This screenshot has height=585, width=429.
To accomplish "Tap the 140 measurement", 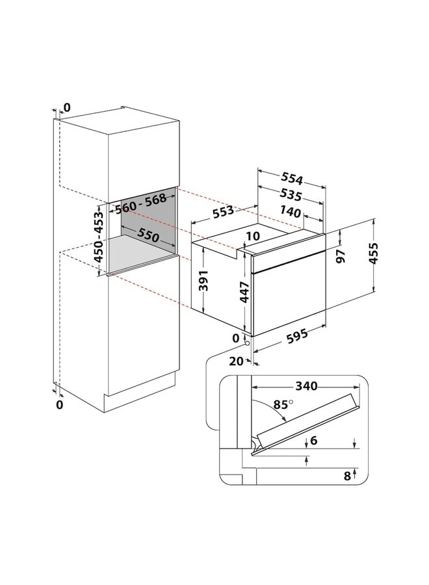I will [292, 212].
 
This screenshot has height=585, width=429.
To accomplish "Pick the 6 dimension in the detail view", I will [314, 441].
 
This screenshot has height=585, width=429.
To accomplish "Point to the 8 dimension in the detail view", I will [348, 476].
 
